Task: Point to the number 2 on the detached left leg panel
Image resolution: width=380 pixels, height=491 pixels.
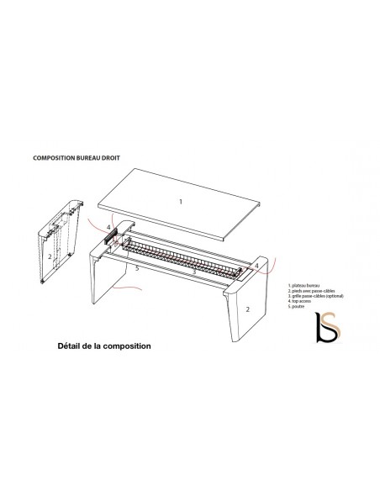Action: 50,256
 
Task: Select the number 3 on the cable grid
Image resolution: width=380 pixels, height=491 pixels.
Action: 194,272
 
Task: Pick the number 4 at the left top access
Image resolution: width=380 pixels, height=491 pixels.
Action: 108,227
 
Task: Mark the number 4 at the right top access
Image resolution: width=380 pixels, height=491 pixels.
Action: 256,266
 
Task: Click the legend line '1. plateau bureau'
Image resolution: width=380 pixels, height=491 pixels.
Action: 303,287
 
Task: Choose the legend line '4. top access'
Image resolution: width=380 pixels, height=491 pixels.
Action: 301,303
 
